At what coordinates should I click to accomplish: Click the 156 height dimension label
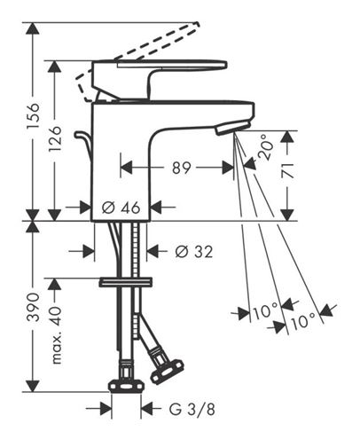point(33,115)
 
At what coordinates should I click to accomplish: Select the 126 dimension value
point(55,138)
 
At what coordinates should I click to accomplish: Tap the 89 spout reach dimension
point(182,168)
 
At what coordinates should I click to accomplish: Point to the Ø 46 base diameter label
point(121,208)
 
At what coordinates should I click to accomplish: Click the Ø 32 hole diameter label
point(193,252)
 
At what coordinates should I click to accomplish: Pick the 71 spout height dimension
point(287,170)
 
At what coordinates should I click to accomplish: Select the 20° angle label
point(264,147)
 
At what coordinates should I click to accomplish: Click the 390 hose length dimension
point(33,308)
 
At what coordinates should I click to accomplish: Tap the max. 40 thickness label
point(55,334)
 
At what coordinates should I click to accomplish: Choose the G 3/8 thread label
point(192,410)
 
